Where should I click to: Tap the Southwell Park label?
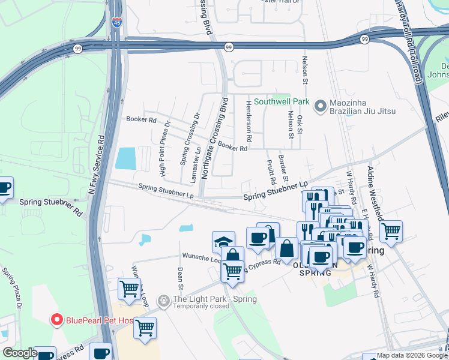[282, 101]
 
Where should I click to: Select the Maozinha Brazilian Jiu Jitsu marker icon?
[320, 106]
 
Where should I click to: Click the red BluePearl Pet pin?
[57, 319]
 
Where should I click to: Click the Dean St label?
[181, 275]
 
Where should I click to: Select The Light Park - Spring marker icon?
[163, 299]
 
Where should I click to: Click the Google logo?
[20, 353]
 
